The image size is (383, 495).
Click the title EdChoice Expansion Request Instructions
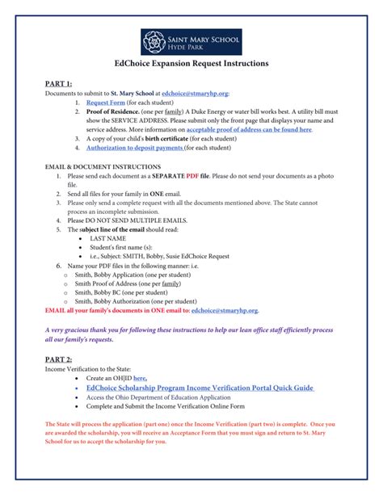tap(191, 63)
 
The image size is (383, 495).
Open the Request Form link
tap(103, 103)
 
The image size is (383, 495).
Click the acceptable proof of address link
tap(248, 129)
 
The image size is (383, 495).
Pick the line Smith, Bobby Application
tap(120, 275)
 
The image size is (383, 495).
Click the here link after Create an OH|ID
tap(140, 377)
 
